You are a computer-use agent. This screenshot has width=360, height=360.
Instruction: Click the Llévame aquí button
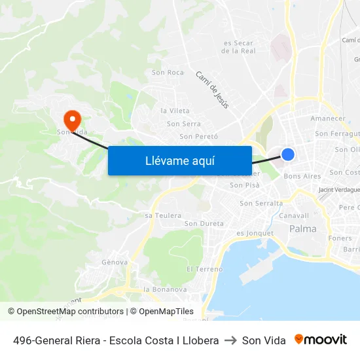pos(180,160)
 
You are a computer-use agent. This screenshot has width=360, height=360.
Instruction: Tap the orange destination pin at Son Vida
pos(71,119)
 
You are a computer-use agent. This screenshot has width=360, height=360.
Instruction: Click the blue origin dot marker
pos(288,154)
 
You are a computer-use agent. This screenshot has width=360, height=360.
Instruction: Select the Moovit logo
pos(321,340)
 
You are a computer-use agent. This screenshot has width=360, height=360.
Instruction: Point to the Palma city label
pos(302,229)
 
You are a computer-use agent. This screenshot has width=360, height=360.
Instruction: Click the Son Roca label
pos(167,73)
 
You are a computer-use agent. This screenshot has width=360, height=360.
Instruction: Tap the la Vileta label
pos(175,111)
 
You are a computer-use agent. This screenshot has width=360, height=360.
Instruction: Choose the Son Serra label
pos(183,124)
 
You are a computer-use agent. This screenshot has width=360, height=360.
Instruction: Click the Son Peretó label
pos(198,137)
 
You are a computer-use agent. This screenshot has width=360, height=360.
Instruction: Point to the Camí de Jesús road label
pos(213,90)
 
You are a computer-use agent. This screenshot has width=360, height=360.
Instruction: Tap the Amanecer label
pos(327,118)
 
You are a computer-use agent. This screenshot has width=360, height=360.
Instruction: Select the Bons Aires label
pos(302,176)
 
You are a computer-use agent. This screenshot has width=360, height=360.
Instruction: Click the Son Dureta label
pos(204,224)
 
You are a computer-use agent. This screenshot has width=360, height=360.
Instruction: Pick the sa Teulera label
pos(163,215)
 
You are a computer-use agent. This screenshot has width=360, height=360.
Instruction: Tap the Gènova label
pos(115,262)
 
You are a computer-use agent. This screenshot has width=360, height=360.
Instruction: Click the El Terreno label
pos(204,269)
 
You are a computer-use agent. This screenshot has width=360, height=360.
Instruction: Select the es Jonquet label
pos(255,233)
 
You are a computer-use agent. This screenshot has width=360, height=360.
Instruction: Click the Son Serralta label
pos(261,204)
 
